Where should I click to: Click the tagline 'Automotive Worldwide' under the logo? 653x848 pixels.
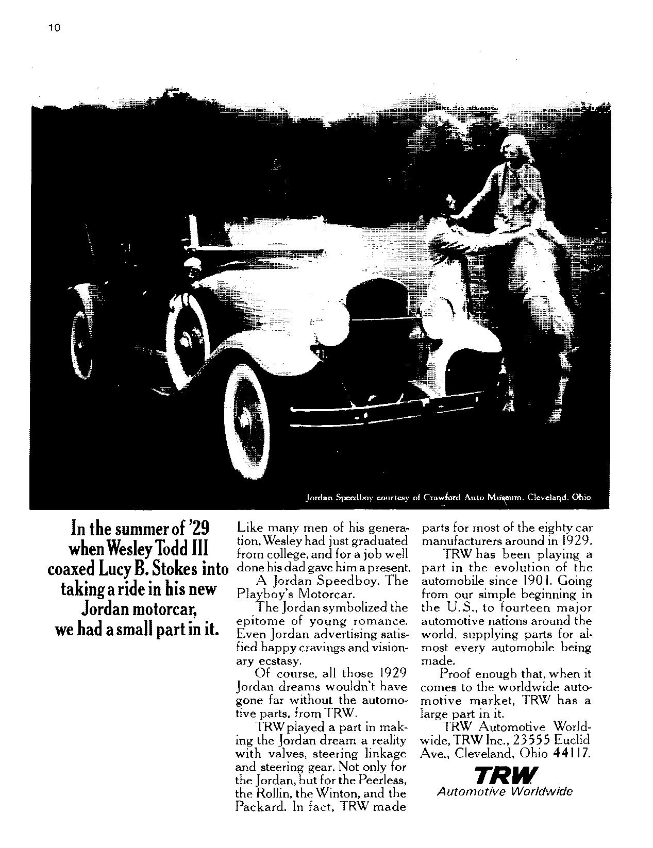505,792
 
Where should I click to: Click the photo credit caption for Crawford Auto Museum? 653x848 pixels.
448,498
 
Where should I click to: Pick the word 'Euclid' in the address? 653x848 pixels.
572,740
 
